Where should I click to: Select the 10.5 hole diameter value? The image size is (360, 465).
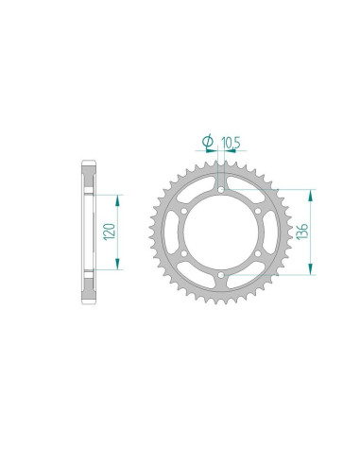pos(230,144)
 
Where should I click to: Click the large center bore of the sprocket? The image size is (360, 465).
pos(219,232)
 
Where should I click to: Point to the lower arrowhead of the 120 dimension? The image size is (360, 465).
pos(118,267)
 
